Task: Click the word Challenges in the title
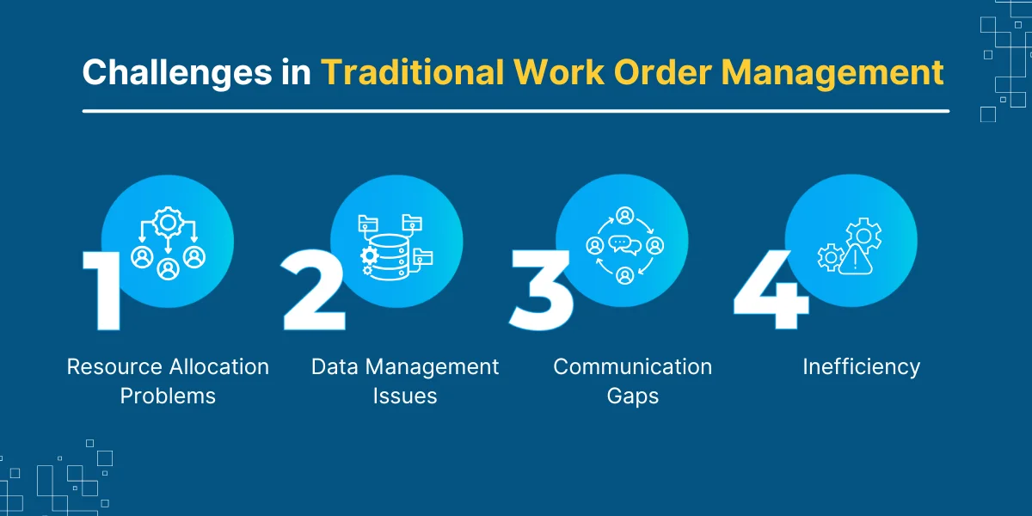tap(177, 73)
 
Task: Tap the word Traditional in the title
tap(412, 72)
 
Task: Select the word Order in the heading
tap(663, 72)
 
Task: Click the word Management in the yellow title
tap(832, 73)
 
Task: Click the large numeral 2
tap(314, 291)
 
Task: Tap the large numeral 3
tap(542, 291)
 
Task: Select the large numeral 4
tap(771, 291)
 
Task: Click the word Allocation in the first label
tap(218, 367)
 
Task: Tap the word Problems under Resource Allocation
tap(168, 396)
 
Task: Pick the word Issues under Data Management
tap(405, 396)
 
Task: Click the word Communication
tap(633, 367)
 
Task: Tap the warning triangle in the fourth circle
tap(856, 261)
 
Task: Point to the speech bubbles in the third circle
tap(624, 245)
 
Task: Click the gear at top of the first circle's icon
tap(169, 223)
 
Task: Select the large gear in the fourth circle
tap(864, 236)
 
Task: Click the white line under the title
tap(516, 111)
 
